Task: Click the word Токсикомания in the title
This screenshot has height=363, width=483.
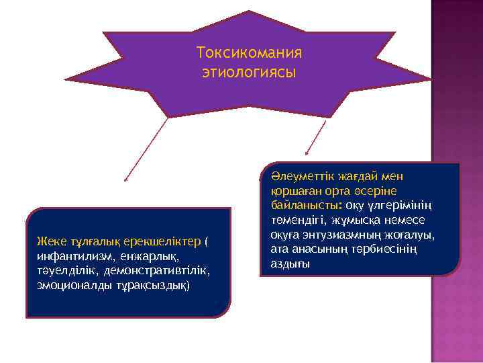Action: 250,52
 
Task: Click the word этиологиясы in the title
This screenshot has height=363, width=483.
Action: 249,71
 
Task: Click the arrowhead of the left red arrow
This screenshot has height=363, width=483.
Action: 125,179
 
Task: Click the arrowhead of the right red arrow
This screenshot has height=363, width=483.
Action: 306,157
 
